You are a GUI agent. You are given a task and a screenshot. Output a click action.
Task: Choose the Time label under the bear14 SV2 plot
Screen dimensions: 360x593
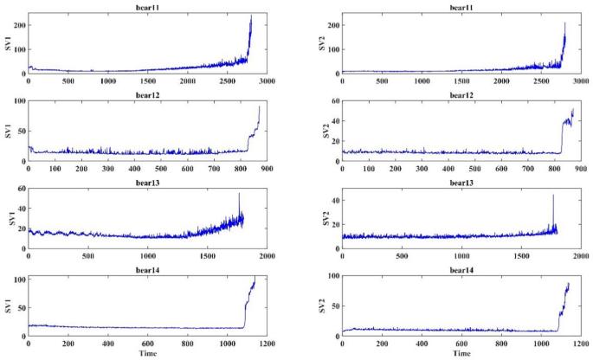461,355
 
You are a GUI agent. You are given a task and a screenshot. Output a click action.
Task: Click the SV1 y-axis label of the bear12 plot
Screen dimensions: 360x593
9,132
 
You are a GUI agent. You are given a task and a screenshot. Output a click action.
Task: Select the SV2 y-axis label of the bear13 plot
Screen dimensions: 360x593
324,220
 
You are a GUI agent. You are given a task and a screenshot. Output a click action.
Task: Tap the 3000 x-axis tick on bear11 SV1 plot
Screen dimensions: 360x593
265,81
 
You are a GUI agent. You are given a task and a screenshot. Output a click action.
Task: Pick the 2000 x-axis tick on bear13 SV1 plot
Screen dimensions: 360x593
265,257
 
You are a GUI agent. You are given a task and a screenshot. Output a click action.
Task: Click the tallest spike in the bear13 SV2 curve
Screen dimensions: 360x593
553,196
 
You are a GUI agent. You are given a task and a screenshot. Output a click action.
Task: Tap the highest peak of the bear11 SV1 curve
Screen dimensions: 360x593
251,16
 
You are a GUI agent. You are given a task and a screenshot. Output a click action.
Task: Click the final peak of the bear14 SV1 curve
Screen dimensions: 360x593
255,278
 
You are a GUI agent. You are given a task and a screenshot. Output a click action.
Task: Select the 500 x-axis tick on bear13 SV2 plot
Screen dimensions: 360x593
401,257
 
